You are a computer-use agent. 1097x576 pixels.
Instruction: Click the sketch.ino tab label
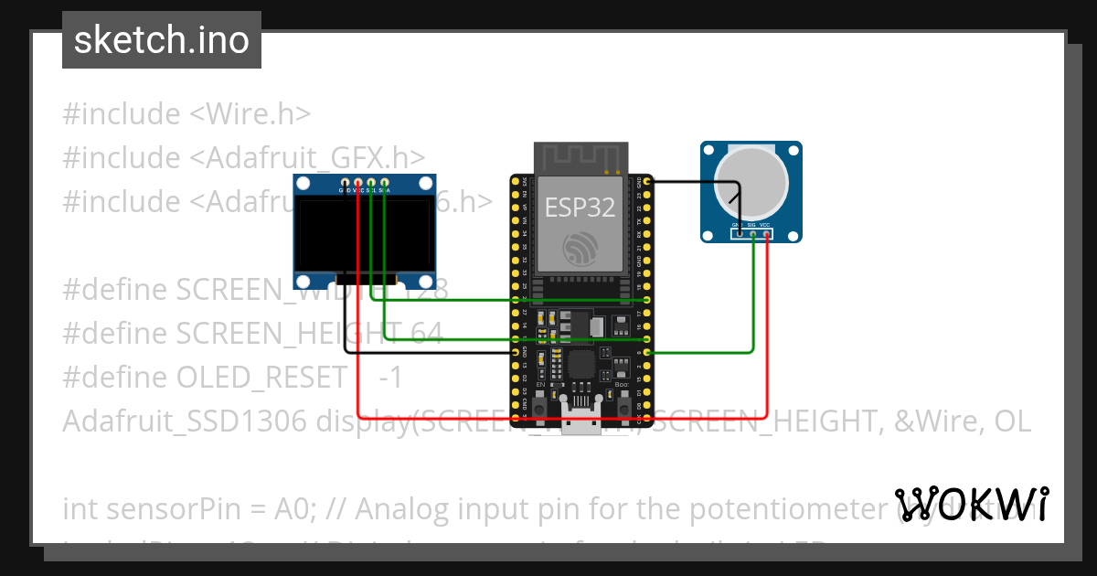coord(161,40)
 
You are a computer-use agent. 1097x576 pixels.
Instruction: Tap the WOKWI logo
coord(972,504)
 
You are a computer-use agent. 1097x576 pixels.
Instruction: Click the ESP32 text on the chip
coord(580,207)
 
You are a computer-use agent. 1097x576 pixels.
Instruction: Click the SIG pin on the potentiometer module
coord(752,234)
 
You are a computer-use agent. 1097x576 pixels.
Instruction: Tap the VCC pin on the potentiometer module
coord(766,234)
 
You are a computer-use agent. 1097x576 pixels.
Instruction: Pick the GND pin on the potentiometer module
coord(738,234)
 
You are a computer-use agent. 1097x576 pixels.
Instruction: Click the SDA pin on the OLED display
coord(385,184)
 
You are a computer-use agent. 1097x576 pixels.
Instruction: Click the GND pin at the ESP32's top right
coord(647,183)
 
